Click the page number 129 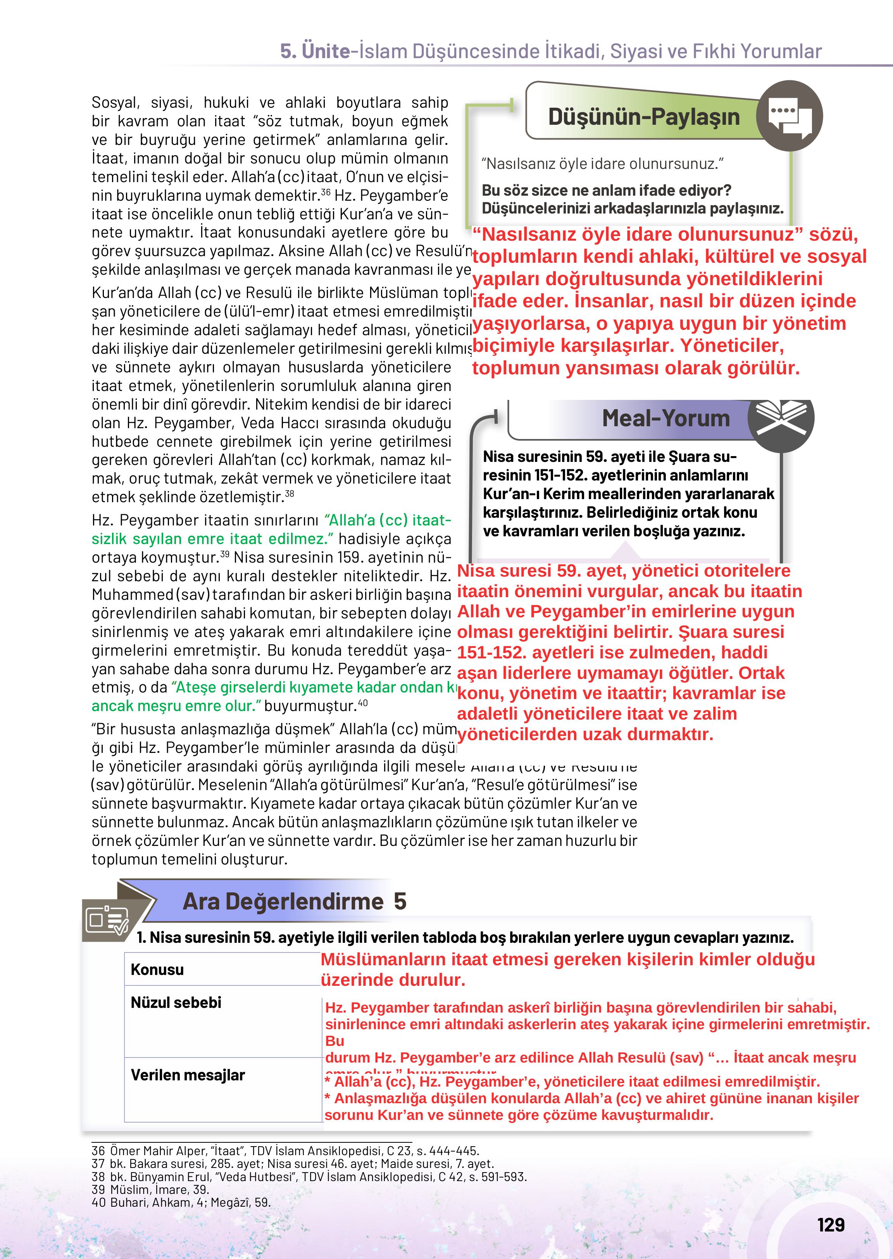coord(830,1225)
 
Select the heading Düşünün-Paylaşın coord(644,117)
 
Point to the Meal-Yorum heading coord(666,419)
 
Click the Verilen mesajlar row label coord(188,1075)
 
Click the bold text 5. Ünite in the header coord(315,52)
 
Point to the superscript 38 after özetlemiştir coord(289,493)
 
